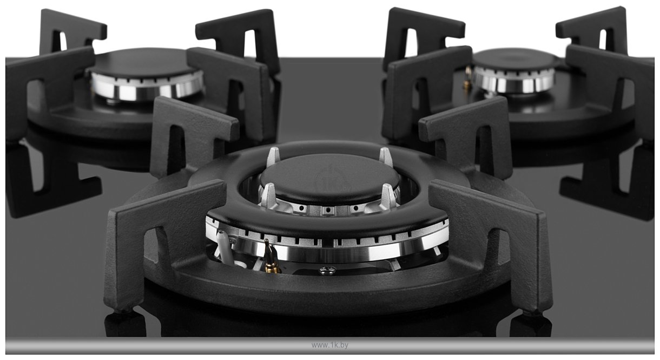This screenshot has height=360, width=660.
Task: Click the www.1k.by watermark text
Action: coord(329,345)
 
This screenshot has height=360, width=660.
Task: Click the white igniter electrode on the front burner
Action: coord(225,247)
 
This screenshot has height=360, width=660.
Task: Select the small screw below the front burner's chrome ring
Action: coord(327,269)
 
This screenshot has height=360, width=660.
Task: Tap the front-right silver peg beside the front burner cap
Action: coord(388,196)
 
